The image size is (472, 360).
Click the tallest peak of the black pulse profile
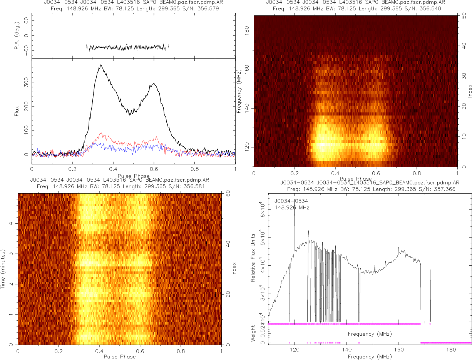(100, 65)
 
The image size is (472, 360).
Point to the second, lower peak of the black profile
(154, 83)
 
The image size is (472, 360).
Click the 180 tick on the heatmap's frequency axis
(248, 30)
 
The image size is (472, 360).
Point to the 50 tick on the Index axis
(465, 17)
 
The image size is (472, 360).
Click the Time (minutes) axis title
(3, 269)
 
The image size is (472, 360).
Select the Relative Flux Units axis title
(253, 257)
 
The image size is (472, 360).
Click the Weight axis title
(253, 333)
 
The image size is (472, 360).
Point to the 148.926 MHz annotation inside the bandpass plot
(292, 208)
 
